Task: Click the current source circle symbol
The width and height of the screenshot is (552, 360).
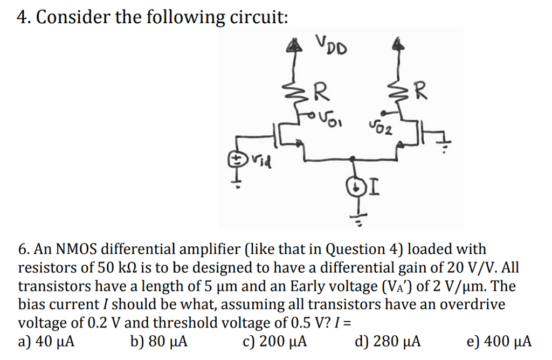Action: click(x=358, y=188)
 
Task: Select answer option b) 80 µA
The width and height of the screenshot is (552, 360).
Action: click(x=159, y=342)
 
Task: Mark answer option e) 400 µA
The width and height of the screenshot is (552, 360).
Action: click(x=498, y=342)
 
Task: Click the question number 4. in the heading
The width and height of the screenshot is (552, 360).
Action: click(x=24, y=17)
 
